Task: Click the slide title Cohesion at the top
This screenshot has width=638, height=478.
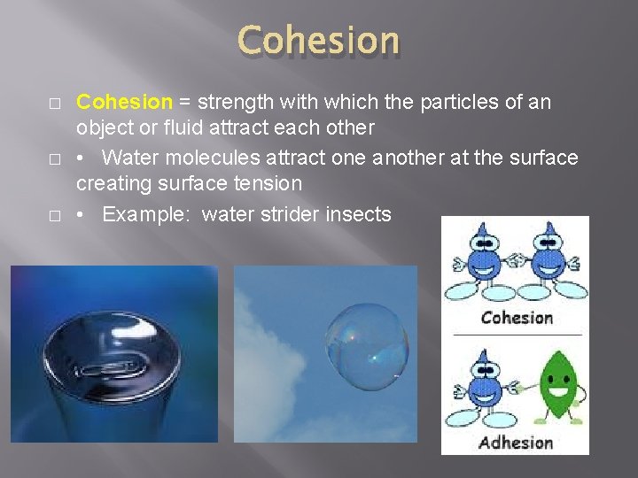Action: [319, 41]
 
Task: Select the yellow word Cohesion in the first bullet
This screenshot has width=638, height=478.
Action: [123, 102]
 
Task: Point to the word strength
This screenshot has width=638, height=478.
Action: [236, 102]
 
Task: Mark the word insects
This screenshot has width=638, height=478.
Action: [360, 214]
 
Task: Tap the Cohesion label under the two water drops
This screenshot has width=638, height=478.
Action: [517, 317]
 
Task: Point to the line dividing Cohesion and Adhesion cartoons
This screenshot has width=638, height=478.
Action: [517, 335]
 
